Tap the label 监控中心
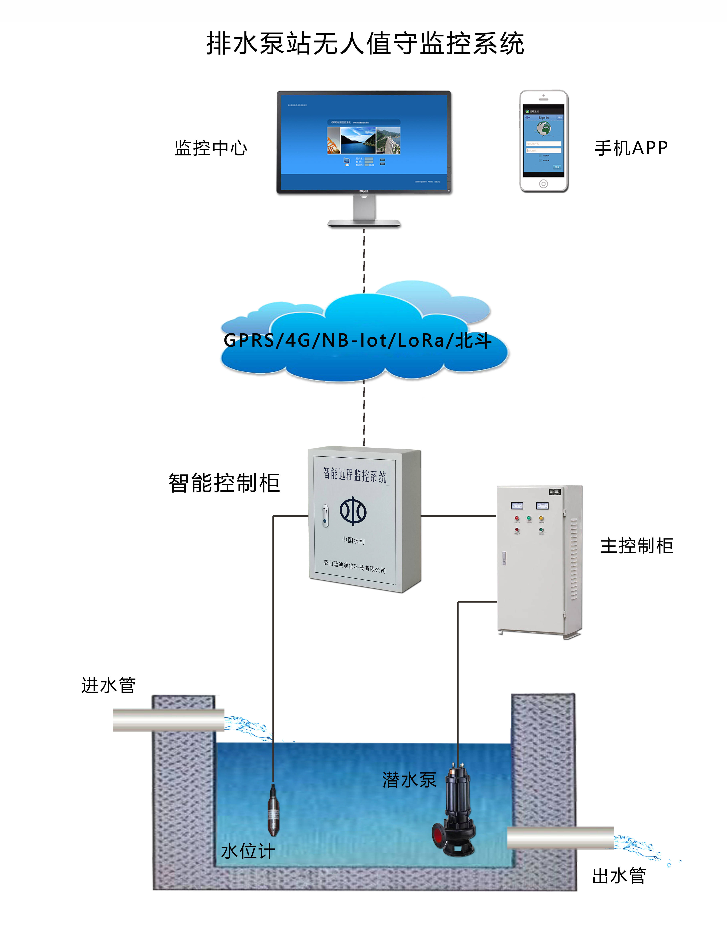coord(211,148)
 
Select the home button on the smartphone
coord(544,184)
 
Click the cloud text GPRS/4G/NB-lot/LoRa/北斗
coord(358,340)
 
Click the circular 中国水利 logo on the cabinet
coord(353,510)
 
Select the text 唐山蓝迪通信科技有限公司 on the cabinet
coord(354,566)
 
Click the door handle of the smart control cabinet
coord(325,516)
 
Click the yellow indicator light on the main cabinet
coord(541,518)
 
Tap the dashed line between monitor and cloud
coord(364,259)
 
